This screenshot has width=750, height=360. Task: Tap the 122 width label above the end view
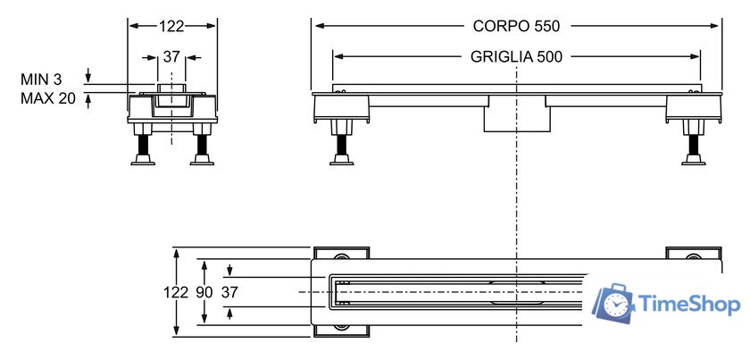pyautogui.click(x=172, y=27)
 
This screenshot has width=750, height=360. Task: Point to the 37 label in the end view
pyautogui.click(x=172, y=56)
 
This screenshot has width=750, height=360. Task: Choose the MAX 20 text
pyautogui.click(x=48, y=97)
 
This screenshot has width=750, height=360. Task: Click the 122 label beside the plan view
pyautogui.click(x=176, y=292)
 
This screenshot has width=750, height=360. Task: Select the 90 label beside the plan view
pyautogui.click(x=204, y=292)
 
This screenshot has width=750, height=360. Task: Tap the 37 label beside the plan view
pyautogui.click(x=230, y=292)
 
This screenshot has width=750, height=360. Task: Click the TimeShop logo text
pyautogui.click(x=690, y=305)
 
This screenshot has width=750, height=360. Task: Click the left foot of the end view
pyautogui.click(x=142, y=158)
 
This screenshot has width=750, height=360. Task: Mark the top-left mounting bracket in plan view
pyautogui.click(x=339, y=254)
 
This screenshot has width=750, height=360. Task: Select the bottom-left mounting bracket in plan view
pyautogui.click(x=339, y=330)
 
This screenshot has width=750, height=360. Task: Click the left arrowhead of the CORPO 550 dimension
pyautogui.click(x=316, y=26)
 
